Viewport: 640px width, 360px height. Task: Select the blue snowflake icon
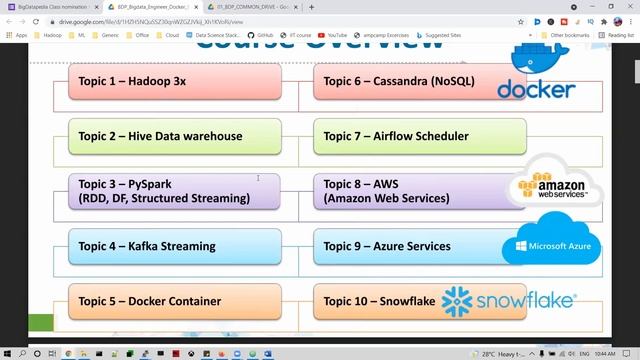pyautogui.click(x=457, y=301)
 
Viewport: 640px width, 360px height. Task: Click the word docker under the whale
pyautogui.click(x=536, y=90)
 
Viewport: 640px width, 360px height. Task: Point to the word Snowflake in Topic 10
pyautogui.click(x=409, y=301)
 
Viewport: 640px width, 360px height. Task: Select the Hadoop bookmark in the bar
pyautogui.click(x=51, y=35)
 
